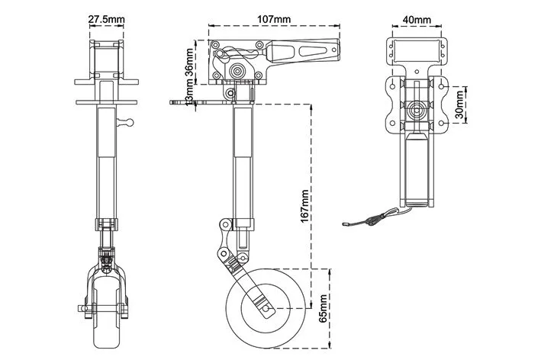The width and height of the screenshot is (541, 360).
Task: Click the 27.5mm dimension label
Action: (x=106, y=19)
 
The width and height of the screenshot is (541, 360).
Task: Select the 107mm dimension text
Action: (x=274, y=19)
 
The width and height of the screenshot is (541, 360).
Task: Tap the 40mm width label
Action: (x=417, y=20)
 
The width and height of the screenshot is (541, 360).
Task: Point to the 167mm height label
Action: (x=304, y=206)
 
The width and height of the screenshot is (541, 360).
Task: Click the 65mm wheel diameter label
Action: (x=324, y=308)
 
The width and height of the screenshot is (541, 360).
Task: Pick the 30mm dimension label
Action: (x=459, y=104)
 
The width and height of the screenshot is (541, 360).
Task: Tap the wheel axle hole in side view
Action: (x=265, y=308)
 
